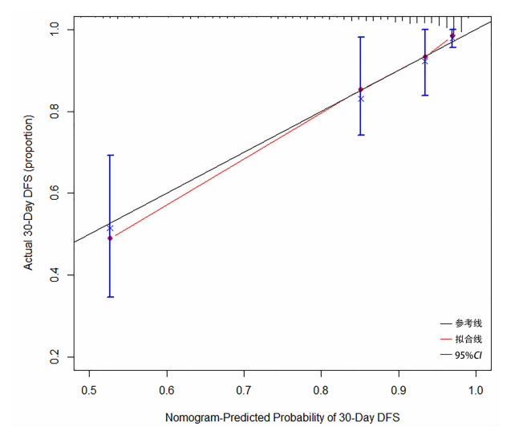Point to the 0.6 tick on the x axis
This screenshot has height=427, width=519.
pyautogui.click(x=167, y=392)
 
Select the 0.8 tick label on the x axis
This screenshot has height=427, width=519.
pyautogui.click(x=322, y=392)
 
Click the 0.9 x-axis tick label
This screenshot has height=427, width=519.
pyautogui.click(x=399, y=392)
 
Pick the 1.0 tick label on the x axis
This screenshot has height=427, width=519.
pyautogui.click(x=476, y=392)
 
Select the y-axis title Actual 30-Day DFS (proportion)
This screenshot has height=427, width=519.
pyautogui.click(x=29, y=193)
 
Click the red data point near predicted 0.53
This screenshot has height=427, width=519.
pyautogui.click(x=110, y=238)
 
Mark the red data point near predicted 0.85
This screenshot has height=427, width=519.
pyautogui.click(x=361, y=89)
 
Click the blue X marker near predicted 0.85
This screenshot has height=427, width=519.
pyautogui.click(x=361, y=99)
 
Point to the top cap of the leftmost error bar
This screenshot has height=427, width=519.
pyautogui.click(x=110, y=155)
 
